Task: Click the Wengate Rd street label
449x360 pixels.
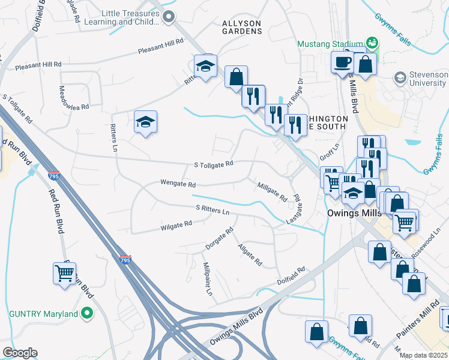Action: point(178,184)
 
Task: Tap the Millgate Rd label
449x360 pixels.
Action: point(272,191)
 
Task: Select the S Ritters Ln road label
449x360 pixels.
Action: point(212,210)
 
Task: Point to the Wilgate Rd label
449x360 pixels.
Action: point(176,225)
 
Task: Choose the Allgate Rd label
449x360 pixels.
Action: point(250,255)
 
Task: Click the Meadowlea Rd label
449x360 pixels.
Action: point(74,97)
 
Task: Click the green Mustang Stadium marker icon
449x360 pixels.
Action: point(372,43)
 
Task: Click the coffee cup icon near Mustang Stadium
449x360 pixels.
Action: point(343,62)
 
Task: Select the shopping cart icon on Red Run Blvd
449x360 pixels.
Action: point(65,273)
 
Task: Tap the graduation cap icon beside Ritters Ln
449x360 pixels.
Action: point(146,122)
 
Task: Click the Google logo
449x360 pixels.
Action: point(19,353)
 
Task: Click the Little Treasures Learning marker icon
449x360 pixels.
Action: point(169,17)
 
